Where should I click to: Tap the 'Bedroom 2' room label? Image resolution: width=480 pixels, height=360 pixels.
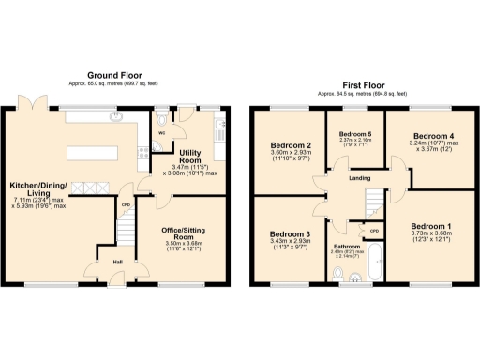pyautogui.click(x=291, y=145)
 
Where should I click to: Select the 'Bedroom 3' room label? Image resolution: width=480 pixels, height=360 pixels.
pyautogui.click(x=290, y=233)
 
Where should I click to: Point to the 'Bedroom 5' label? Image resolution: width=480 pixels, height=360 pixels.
pyautogui.click(x=354, y=135)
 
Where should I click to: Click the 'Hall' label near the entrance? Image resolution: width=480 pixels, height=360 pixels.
pyautogui.click(x=119, y=262)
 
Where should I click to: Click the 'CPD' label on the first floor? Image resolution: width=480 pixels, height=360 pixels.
pyautogui.click(x=373, y=231)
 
